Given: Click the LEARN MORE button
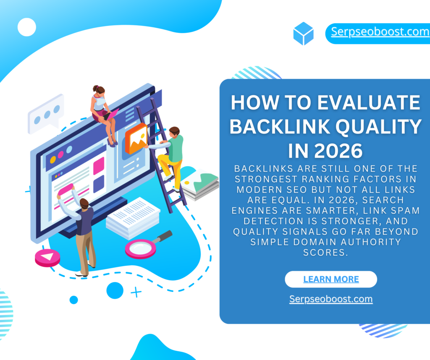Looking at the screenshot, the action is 331,279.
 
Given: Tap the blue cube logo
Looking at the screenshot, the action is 303,34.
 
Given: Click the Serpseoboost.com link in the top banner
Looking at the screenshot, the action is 380,32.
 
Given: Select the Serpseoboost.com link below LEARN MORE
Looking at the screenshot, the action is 331,299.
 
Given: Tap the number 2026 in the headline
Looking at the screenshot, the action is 338,151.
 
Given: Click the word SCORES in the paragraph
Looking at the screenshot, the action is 325,252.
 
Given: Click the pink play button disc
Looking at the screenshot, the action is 47,258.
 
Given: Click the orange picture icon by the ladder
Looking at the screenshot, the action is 136,138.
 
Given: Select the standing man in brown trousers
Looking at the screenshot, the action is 79,230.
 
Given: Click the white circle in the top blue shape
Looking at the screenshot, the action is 26,27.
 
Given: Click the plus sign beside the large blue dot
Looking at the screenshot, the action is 136,292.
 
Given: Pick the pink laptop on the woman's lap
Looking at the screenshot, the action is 111,115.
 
